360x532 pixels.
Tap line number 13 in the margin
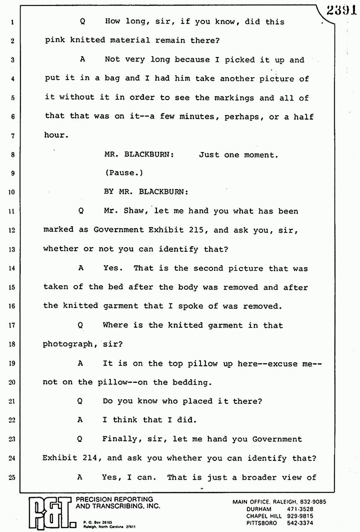[12, 250]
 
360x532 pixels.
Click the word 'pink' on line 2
[55, 41]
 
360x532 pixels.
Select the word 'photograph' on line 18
[67, 344]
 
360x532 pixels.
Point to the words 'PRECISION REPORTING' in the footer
[114, 499]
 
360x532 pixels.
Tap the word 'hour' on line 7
[55, 136]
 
